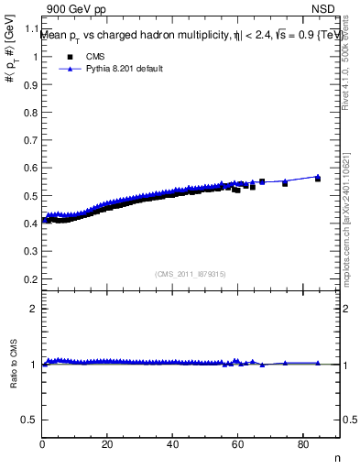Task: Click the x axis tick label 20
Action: point(107,445)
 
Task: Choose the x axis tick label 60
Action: point(237,445)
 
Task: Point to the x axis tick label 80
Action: point(302,445)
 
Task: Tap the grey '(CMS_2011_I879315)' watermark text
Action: point(191,272)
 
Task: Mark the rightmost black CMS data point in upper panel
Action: point(318,179)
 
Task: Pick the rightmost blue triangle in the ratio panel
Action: point(318,364)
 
